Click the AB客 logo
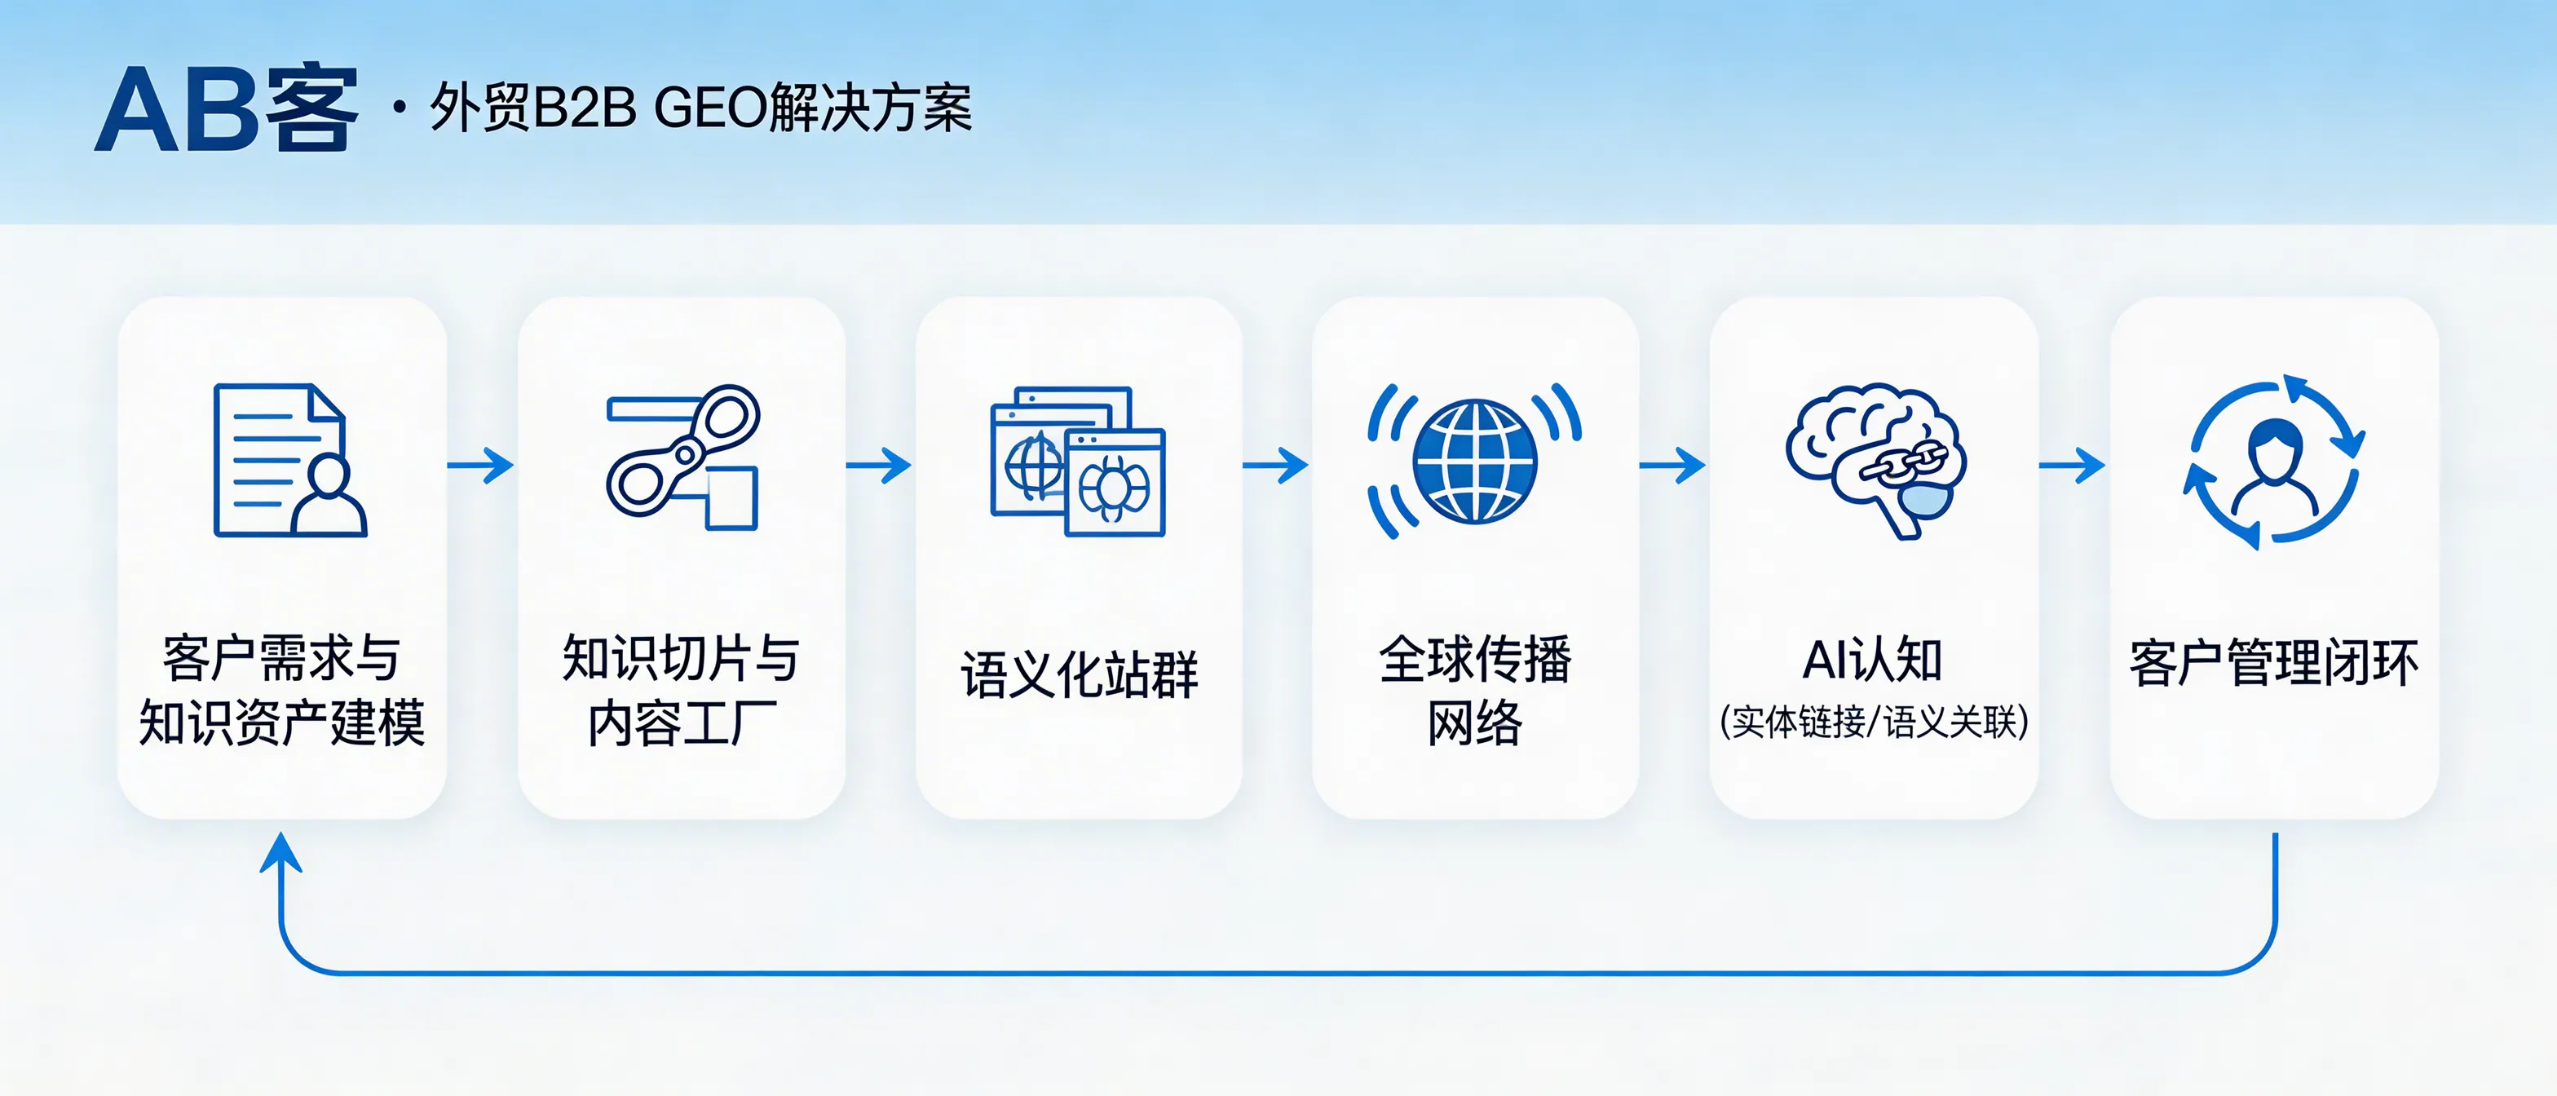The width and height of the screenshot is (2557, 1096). pyautogui.click(x=227, y=109)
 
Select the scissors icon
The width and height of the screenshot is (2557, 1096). pyautogui.click(x=683, y=457)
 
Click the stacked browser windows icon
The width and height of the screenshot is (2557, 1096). pyautogui.click(x=1078, y=461)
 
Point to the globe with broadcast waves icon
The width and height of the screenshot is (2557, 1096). pyautogui.click(x=1474, y=461)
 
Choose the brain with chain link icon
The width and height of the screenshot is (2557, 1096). pyautogui.click(x=1874, y=461)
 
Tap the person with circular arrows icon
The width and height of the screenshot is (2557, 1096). pyautogui.click(x=2273, y=461)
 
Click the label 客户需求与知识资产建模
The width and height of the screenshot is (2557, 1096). pyautogui.click(x=282, y=690)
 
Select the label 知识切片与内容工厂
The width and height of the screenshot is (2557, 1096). pyautogui.click(x=681, y=690)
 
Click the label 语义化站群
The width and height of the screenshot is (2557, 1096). pyautogui.click(x=1079, y=675)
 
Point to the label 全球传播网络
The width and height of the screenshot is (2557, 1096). pyautogui.click(x=1475, y=690)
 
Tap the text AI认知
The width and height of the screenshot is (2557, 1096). pyautogui.click(x=1872, y=661)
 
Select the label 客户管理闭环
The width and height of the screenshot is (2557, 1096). pyautogui.click(x=2273, y=663)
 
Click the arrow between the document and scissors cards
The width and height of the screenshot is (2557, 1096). pyautogui.click(x=481, y=465)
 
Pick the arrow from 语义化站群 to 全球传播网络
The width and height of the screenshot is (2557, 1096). pyautogui.click(x=1275, y=465)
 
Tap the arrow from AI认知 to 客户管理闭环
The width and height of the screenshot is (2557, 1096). pyautogui.click(x=2073, y=465)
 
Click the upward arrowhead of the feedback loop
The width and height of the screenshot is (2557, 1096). pyautogui.click(x=281, y=854)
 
